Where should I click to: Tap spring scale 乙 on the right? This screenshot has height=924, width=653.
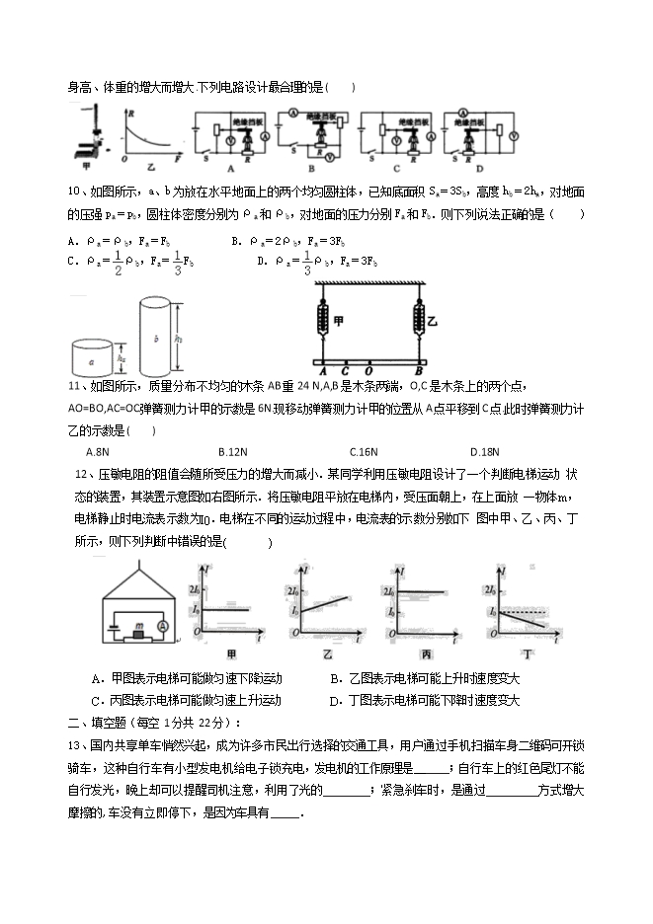(x=417, y=321)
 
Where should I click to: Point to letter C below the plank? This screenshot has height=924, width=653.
(x=344, y=372)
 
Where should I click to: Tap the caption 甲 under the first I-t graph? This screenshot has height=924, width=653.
(x=232, y=655)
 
